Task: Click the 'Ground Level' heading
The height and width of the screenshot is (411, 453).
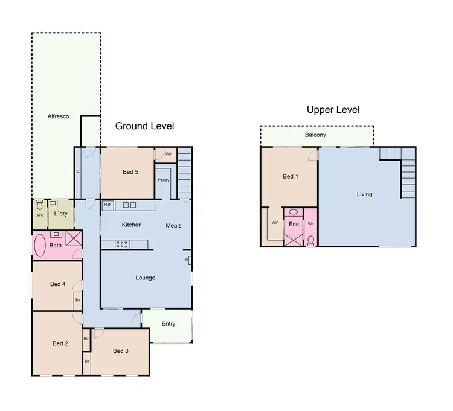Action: pos(144,126)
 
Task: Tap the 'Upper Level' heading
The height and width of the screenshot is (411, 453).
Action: pos(333,109)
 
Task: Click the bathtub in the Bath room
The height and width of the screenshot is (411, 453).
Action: pos(40,246)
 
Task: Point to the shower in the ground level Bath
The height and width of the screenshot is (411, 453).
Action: pos(74,239)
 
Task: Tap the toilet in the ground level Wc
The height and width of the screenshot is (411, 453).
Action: pos(39,205)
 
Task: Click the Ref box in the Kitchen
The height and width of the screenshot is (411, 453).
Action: pos(108,205)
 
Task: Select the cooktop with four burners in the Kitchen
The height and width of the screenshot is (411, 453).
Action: pos(121,244)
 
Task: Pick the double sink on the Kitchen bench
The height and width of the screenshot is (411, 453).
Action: pos(129,205)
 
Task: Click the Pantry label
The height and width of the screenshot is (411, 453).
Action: pos(163,180)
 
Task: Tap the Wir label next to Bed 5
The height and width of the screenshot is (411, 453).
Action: pos(169,154)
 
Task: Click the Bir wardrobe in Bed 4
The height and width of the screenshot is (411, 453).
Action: pos(78,299)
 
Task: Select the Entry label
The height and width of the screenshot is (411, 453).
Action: pos(169,324)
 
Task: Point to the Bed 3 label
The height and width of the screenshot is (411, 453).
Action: pos(120,351)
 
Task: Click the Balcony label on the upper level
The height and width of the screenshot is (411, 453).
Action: pos(315,135)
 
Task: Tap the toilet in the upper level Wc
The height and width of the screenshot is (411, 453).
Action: pos(310,240)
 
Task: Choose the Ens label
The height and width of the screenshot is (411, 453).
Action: pos(294,224)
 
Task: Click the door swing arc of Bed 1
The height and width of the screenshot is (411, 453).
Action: pos(312,155)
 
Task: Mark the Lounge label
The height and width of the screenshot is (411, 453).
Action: pos(145,278)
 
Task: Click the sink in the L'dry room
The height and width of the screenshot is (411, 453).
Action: pos(53,203)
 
